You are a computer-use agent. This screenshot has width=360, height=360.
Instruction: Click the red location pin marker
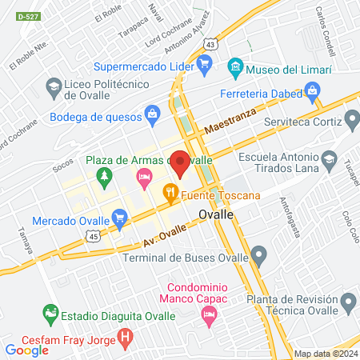pos(181,162)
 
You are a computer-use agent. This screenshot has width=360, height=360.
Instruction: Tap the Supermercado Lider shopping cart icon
pos(205,65)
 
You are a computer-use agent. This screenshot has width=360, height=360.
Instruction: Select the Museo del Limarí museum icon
pos(235,65)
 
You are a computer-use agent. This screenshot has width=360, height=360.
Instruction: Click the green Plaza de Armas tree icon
pos(103,174)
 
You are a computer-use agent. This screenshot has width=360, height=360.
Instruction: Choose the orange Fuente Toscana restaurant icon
pos(170,193)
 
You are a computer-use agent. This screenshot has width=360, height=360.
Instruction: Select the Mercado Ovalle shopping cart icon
pos(120,216)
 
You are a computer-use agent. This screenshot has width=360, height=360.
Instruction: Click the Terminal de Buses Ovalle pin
pos(258,257)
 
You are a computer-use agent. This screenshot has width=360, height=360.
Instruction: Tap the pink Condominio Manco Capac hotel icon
pos(210,318)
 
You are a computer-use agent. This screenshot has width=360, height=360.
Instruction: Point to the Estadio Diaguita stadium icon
pos(50,312)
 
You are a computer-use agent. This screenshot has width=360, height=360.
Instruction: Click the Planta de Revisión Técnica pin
pos(347,302)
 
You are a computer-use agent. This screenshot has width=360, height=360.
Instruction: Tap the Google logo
pos(26,350)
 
